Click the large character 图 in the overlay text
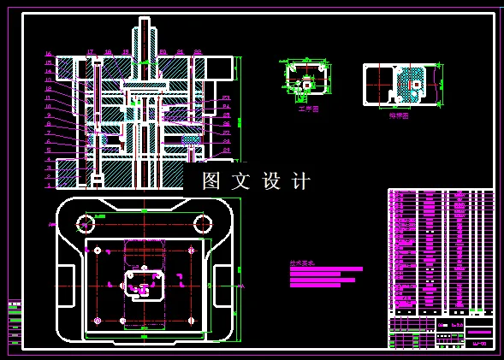[x=211, y=181]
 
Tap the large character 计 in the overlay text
[x=301, y=181]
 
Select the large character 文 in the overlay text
[x=241, y=181]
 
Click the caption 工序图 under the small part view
[x=308, y=109]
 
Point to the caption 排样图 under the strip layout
[x=399, y=115]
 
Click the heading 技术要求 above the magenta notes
[x=302, y=263]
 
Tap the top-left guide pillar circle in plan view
[x=85, y=224]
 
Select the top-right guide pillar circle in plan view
[x=203, y=224]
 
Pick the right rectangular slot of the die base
[x=222, y=286]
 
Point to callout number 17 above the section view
[x=90, y=52]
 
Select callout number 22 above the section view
[x=198, y=52]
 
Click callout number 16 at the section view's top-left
[x=48, y=54]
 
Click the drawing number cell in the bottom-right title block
[x=479, y=344]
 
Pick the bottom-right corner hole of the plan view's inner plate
[x=191, y=320]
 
